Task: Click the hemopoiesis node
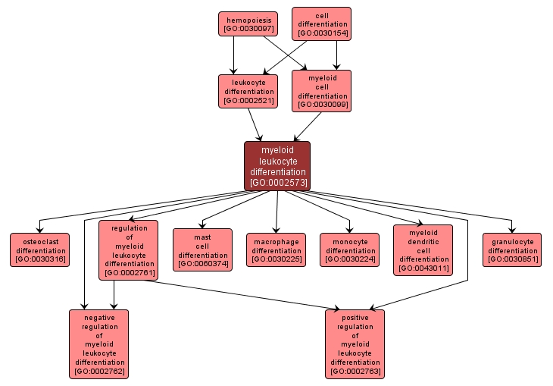(247, 23)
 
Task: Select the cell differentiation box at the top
(321, 23)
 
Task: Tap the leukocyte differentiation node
(247, 91)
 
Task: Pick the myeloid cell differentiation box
(321, 91)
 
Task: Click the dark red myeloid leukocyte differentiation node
(276, 165)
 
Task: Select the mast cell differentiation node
(202, 249)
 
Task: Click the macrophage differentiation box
(276, 249)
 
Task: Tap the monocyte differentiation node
(349, 249)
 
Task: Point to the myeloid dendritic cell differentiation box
(423, 249)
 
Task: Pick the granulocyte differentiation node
(512, 249)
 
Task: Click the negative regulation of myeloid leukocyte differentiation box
(98, 344)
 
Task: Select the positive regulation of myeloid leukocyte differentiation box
(355, 344)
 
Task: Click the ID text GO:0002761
(128, 271)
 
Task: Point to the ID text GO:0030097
(247, 28)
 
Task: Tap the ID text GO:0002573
(276, 183)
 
